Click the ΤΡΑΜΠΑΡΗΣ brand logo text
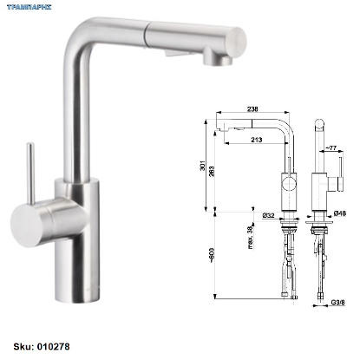29,7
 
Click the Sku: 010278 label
42,346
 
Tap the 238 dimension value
252,108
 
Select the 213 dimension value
257,140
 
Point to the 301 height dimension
202,165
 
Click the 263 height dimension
212,172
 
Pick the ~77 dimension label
331,147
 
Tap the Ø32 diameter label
268,215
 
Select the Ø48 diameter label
340,213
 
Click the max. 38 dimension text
250,237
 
